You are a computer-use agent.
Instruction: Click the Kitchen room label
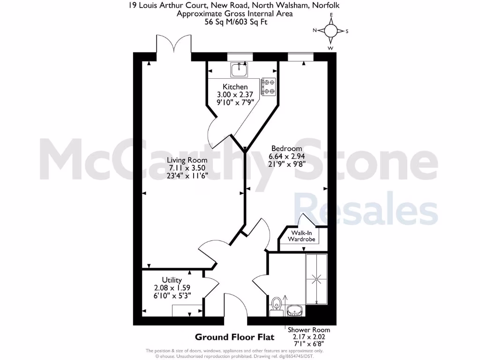pos(235,87)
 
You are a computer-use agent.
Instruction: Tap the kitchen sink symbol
pos(239,70)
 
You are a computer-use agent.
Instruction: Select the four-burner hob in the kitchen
pos(269,86)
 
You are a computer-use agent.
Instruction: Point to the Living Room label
pos(187,160)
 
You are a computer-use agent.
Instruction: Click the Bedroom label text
pos(286,149)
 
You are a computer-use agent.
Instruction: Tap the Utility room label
pos(172,280)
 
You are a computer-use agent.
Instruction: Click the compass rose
pos(331,31)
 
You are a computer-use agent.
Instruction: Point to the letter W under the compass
pos(331,48)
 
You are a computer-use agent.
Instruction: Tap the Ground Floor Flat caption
pos(234,337)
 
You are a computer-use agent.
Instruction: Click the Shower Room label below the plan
pos(305,330)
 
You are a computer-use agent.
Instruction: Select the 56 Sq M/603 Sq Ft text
pos(234,22)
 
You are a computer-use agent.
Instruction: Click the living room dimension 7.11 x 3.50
pos(187,167)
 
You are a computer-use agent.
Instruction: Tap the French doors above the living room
pos(174,47)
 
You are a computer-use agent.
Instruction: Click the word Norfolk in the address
pos(327,6)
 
